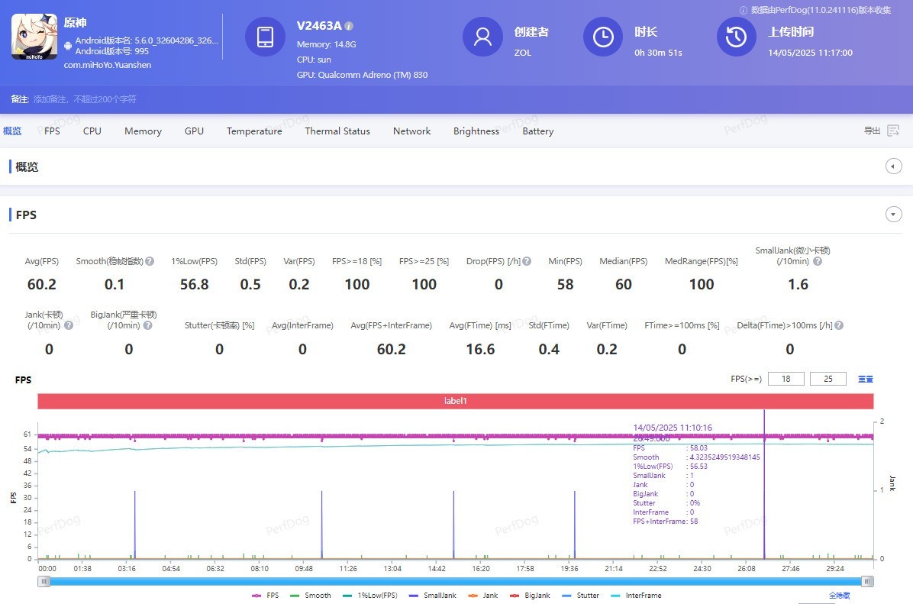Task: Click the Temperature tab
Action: pyautogui.click(x=254, y=131)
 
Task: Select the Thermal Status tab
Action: pyautogui.click(x=337, y=131)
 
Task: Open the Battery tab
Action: pyautogui.click(x=538, y=131)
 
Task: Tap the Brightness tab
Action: pyautogui.click(x=476, y=131)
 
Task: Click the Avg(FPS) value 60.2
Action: pyautogui.click(x=42, y=285)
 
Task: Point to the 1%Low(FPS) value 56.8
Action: pyautogui.click(x=195, y=285)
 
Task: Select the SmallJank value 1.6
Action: pyautogui.click(x=798, y=285)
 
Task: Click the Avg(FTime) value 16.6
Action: pyautogui.click(x=480, y=350)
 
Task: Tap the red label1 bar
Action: pyautogui.click(x=455, y=401)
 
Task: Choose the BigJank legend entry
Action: pyautogui.click(x=532, y=596)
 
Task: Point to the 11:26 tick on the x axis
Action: pyautogui.click(x=348, y=569)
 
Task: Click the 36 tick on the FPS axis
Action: pyautogui.click(x=28, y=486)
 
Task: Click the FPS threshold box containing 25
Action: pyautogui.click(x=828, y=379)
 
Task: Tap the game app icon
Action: pyautogui.click(x=34, y=37)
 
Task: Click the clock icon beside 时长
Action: pyautogui.click(x=603, y=37)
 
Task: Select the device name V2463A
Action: pyautogui.click(x=319, y=26)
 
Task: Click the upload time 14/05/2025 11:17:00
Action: pyautogui.click(x=810, y=53)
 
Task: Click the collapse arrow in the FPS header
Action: pyautogui.click(x=894, y=215)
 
